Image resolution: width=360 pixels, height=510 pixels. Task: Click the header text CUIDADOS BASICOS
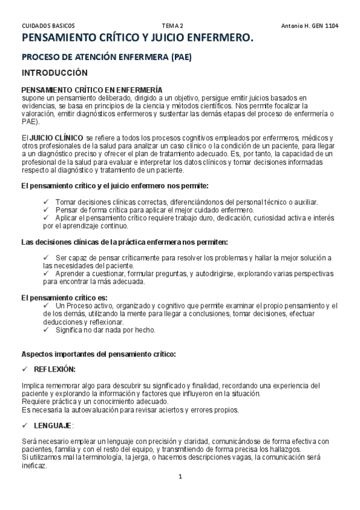click(48, 26)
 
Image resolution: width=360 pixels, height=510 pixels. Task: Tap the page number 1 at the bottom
click(180, 477)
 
